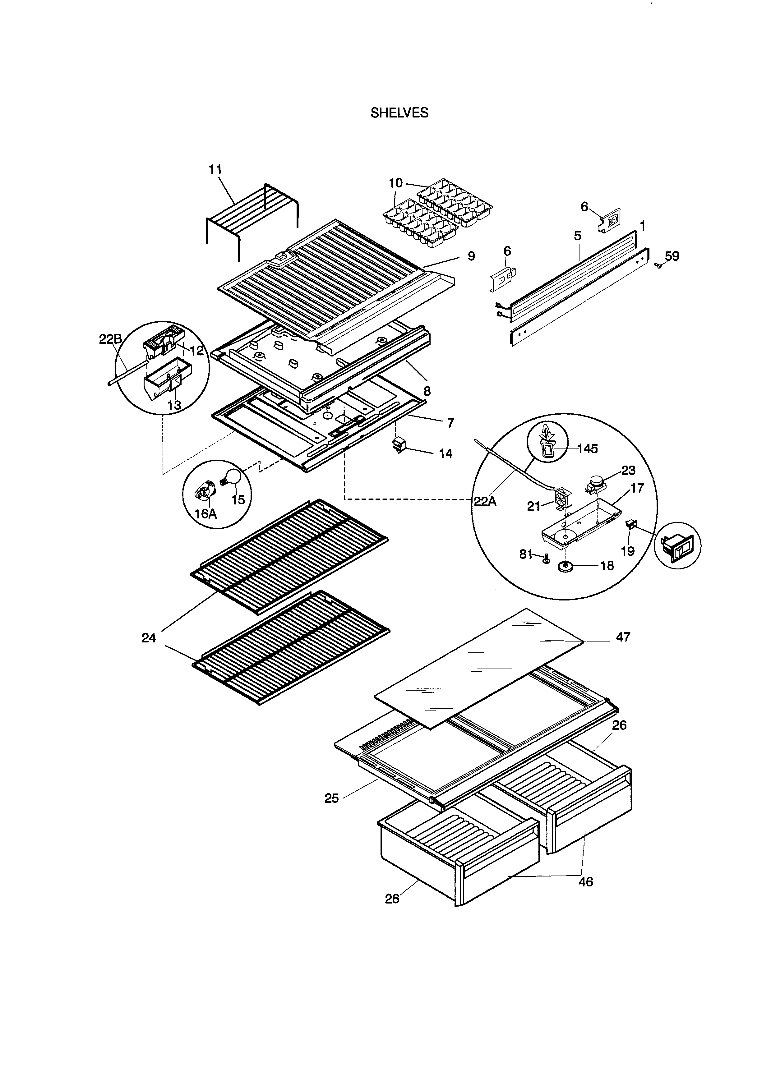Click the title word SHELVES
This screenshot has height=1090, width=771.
[x=399, y=113]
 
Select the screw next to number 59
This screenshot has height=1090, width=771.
[x=658, y=266]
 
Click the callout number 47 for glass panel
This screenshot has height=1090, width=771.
[x=623, y=637]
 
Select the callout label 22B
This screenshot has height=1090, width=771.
[x=110, y=339]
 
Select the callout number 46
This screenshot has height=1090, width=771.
[x=586, y=881]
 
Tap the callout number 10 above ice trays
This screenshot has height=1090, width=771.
[x=395, y=183]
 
